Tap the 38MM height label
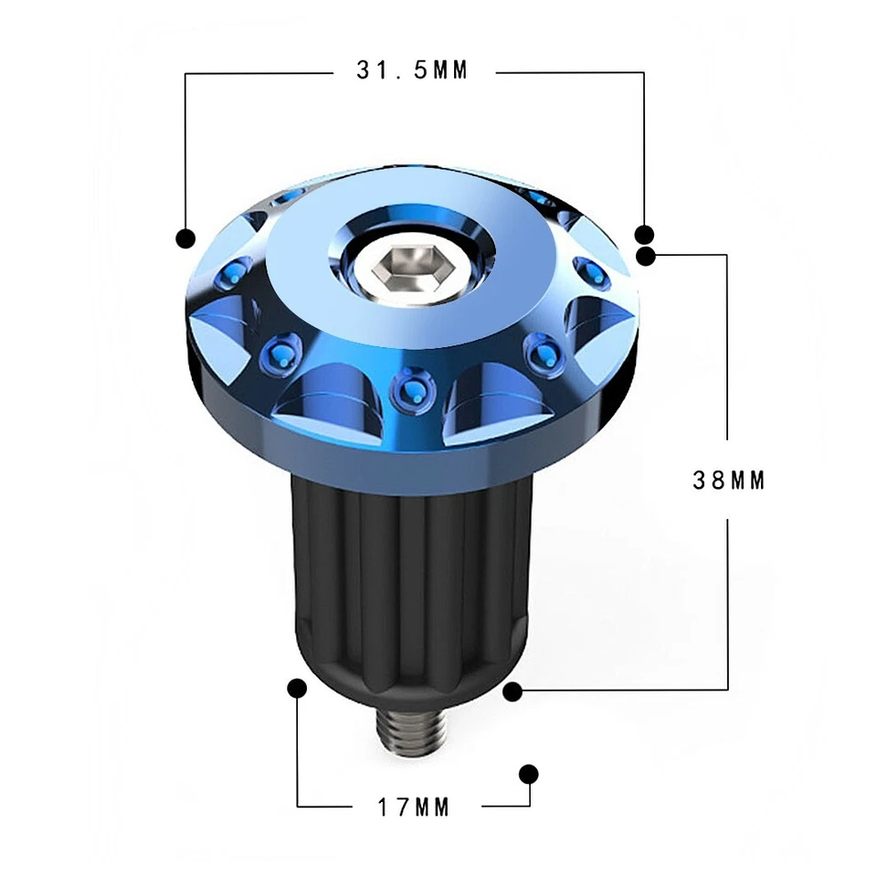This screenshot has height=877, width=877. (727, 481)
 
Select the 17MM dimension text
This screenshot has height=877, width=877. (415, 807)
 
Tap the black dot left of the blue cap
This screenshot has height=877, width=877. (185, 238)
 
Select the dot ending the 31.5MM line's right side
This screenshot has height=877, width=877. (645, 234)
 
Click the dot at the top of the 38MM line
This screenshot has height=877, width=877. (647, 256)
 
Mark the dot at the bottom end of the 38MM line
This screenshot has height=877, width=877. (512, 691)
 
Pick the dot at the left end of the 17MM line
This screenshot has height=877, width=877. (296, 687)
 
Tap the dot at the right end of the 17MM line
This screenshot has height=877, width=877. (528, 774)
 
